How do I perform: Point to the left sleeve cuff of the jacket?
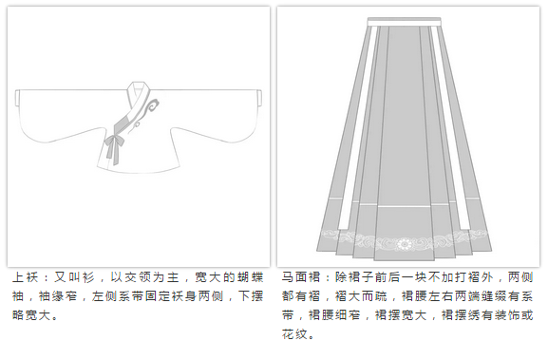17,98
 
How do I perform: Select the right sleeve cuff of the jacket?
259,98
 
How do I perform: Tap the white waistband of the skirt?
404,22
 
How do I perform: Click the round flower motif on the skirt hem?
405,243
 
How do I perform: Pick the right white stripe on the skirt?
450,128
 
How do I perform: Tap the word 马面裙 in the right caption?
301,277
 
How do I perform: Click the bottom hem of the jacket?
139,170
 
